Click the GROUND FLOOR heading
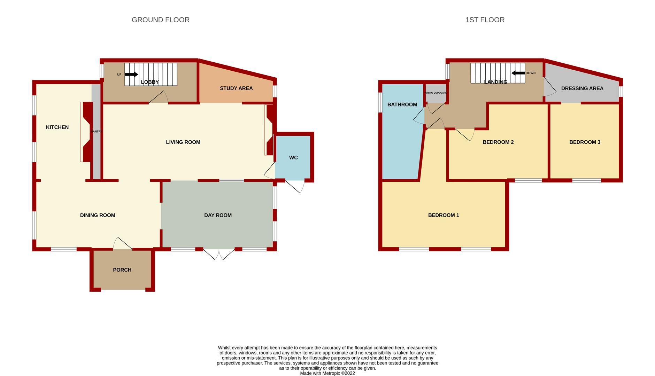[x=161, y=20]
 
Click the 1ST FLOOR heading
[x=485, y=20]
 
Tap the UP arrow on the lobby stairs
[x=131, y=75]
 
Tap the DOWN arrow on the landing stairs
[x=518, y=73]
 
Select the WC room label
[x=293, y=158]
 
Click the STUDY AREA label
[x=236, y=88]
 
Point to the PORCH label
[x=122, y=270]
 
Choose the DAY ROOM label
[x=218, y=215]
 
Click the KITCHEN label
[x=57, y=127]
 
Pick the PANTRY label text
[x=96, y=132]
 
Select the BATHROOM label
[x=402, y=104]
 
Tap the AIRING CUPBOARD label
[x=436, y=93]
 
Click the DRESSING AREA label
[x=582, y=88]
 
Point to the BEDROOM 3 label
[x=585, y=142]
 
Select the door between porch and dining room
[x=122, y=244]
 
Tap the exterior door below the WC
[x=295, y=186]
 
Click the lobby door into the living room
[x=159, y=98]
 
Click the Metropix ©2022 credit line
[x=327, y=373]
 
